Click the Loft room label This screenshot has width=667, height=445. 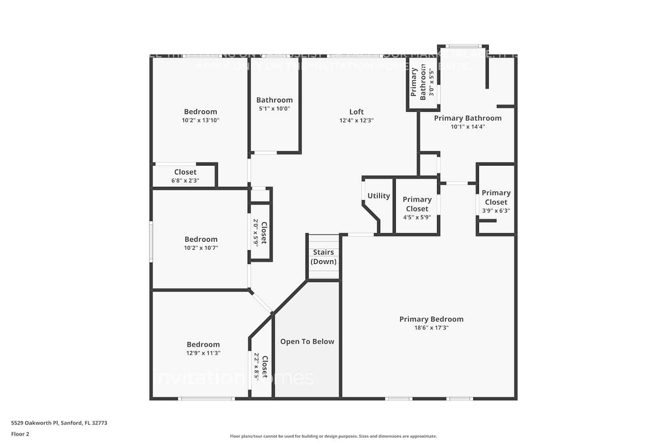click(356, 112)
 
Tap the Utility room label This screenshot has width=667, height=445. click(378, 196)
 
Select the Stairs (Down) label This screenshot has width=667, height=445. click(323, 257)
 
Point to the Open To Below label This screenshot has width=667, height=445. click(307, 341)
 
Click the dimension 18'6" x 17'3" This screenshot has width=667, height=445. click(431, 328)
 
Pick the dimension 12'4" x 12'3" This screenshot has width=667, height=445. click(356, 121)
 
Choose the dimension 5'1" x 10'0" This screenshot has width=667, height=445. click(274, 109)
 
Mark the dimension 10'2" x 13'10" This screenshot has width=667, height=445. click(201, 120)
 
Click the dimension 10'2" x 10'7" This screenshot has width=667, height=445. click(201, 248)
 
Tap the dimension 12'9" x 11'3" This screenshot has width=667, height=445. click(203, 353)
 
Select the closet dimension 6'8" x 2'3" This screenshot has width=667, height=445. click(185, 181)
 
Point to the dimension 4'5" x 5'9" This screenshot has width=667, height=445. click(417, 218)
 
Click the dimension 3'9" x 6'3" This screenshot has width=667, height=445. click(496, 211)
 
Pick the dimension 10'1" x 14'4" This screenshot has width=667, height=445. click(468, 127)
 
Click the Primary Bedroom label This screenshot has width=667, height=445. click(431, 319)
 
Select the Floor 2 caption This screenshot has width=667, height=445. click(20, 434)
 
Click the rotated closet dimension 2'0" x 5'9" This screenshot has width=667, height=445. click(256, 233)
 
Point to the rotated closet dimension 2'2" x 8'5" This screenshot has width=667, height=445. click(257, 367)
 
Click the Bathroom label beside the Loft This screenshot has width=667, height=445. click(274, 100)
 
